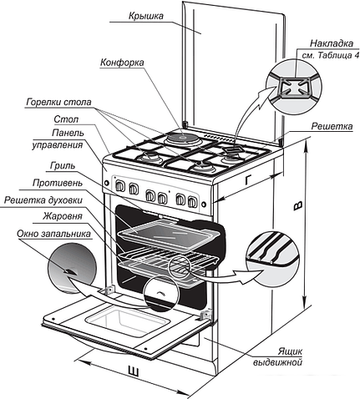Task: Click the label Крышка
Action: click(x=146, y=16)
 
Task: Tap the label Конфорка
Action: click(x=122, y=63)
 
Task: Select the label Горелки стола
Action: click(x=58, y=103)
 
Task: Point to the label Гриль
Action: click(x=63, y=166)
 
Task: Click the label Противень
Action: click(x=58, y=183)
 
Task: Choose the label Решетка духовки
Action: click(x=43, y=200)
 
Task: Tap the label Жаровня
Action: click(x=63, y=216)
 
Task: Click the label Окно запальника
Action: click(x=53, y=234)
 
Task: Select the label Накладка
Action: click(x=332, y=43)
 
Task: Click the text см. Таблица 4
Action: click(x=331, y=55)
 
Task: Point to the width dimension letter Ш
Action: click(x=134, y=371)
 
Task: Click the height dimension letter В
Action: click(x=297, y=206)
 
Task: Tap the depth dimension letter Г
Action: click(x=250, y=180)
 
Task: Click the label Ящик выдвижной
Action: click(x=277, y=357)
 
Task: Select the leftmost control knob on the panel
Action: click(x=119, y=186)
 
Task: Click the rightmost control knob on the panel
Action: click(x=192, y=201)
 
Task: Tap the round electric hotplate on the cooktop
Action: click(x=183, y=138)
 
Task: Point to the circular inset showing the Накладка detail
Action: click(x=294, y=87)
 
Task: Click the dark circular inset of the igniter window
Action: click(x=72, y=267)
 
